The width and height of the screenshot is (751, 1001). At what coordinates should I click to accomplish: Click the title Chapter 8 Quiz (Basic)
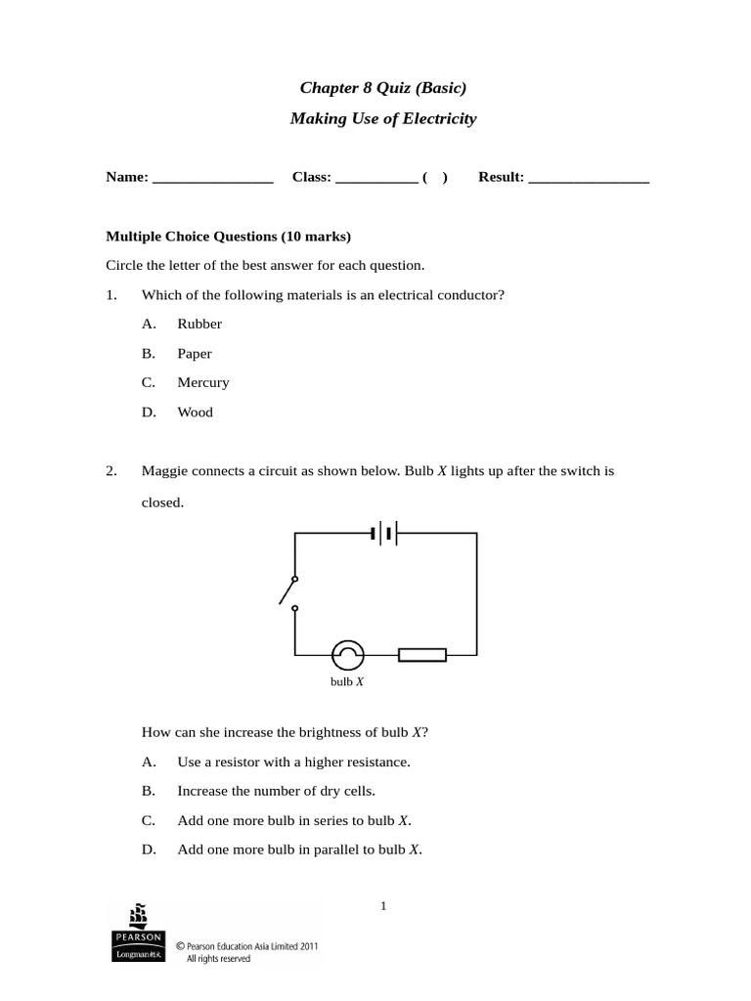coord(383,89)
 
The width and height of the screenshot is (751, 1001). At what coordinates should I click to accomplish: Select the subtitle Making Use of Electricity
coord(383,119)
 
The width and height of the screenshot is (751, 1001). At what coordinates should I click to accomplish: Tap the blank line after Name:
coord(213,179)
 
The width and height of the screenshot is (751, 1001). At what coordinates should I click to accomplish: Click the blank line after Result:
coord(589,179)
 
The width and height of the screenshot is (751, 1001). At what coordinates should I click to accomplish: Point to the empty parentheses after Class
coord(435,178)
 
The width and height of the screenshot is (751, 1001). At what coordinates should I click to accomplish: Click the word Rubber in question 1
coord(199,325)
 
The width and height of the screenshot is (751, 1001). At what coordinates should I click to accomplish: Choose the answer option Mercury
coord(202,383)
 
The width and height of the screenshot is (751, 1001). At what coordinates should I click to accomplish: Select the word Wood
coord(195,413)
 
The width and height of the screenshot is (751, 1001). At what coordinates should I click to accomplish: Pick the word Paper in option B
coord(194,354)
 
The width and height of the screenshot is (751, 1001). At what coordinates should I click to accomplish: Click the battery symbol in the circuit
coord(383,534)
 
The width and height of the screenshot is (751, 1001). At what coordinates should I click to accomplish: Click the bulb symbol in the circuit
coord(347,655)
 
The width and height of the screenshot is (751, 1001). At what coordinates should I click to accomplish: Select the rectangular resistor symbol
coord(422,655)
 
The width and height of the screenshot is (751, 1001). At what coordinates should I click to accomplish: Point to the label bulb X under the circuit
coord(347,681)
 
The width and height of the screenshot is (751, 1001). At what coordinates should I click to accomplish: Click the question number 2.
coord(111,471)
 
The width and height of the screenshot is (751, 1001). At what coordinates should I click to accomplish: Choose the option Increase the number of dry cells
coord(276,791)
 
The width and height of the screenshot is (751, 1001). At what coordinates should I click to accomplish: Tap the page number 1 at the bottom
coord(384,906)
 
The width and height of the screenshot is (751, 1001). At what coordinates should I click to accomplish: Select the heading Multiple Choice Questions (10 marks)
coord(227,237)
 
